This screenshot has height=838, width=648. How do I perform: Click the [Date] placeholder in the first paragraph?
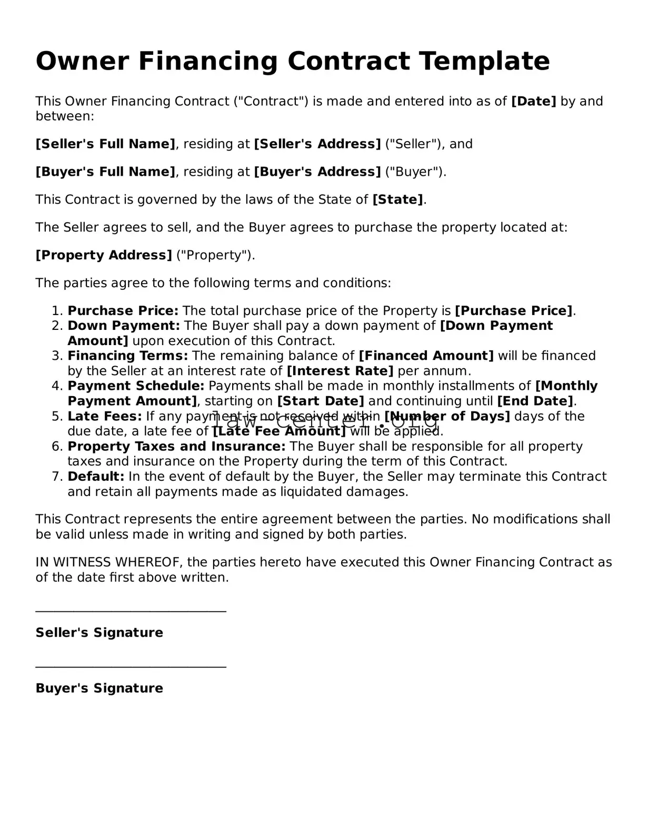point(533,101)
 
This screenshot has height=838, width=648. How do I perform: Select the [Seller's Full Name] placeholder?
point(105,144)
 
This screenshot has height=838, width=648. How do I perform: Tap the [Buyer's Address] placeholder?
point(317,172)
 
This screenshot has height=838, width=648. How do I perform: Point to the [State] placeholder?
point(397,200)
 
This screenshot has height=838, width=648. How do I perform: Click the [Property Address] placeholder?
point(103,255)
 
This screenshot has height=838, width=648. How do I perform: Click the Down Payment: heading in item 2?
point(124,326)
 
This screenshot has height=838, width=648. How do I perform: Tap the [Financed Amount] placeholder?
point(426,356)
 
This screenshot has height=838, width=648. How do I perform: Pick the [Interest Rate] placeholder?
point(340,371)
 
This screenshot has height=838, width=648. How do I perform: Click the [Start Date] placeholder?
point(321,401)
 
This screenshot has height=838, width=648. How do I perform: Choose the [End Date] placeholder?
point(535,401)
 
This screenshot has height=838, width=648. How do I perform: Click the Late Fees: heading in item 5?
point(104,417)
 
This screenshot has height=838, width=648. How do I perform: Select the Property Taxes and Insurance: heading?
point(176,447)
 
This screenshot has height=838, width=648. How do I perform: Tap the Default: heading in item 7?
point(96,477)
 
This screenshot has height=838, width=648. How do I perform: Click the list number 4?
point(57,386)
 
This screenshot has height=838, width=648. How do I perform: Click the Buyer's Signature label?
point(99,688)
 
